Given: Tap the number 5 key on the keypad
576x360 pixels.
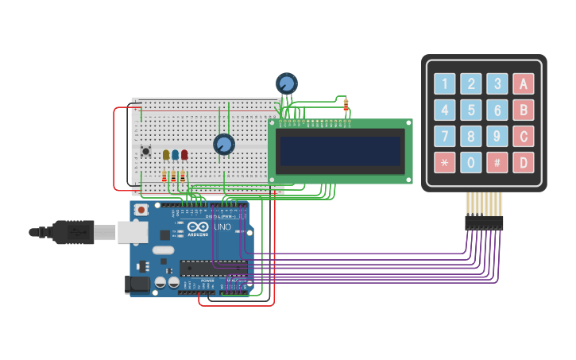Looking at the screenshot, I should [471, 110].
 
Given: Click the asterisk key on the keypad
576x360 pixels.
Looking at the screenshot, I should [445, 163].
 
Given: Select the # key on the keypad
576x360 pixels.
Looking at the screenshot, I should [497, 163].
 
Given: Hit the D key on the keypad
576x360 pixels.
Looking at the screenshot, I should [524, 163].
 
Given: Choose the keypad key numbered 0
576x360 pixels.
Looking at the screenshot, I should [471, 163].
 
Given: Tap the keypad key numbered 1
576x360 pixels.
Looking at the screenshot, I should [445, 83].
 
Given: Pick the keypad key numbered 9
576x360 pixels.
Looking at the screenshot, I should [497, 137].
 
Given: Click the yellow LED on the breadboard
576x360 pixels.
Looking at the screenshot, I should [166, 155].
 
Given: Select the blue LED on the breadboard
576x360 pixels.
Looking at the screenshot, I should [175, 155].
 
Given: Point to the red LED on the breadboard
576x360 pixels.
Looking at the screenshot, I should [184, 155].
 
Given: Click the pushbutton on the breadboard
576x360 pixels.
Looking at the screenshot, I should [145, 150].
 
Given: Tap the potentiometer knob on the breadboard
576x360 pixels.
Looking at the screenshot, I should [224, 144].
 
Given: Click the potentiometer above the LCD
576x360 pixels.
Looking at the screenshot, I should [287, 83].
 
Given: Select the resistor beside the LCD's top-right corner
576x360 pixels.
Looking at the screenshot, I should [346, 105].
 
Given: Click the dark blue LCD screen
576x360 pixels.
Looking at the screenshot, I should [340, 150].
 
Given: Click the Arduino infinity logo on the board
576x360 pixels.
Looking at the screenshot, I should [199, 227].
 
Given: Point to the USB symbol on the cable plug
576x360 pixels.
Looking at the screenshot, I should [78, 232].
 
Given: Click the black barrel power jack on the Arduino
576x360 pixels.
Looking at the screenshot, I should [137, 284].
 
